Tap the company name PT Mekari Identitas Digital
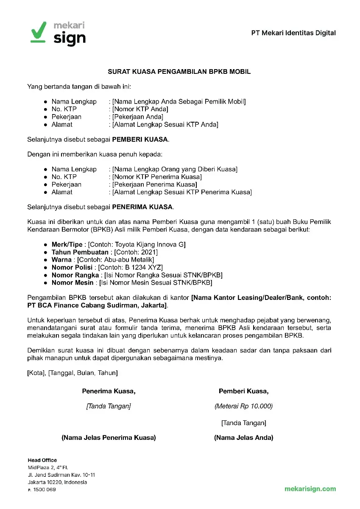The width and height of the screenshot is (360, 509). click(293, 33)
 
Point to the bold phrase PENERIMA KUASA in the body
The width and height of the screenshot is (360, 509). click(142, 207)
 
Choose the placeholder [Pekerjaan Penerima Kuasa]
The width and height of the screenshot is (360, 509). click(155, 185)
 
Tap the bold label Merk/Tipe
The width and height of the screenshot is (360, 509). click(67, 245)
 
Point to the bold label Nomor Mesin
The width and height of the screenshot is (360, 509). click(72, 282)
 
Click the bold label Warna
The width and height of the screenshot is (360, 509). click(61, 260)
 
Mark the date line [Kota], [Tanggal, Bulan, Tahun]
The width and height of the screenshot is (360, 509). click(73, 373)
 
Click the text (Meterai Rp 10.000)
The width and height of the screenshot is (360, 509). click(243, 406)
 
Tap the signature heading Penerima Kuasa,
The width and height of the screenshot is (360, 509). click(109, 391)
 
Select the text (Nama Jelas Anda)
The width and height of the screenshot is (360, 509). click(243, 438)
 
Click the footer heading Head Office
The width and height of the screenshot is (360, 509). click(42, 460)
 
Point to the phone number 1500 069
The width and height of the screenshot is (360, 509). click(45, 489)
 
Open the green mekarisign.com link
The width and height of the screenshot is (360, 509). click(310, 489)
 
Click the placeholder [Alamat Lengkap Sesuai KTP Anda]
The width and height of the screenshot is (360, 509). click(165, 124)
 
